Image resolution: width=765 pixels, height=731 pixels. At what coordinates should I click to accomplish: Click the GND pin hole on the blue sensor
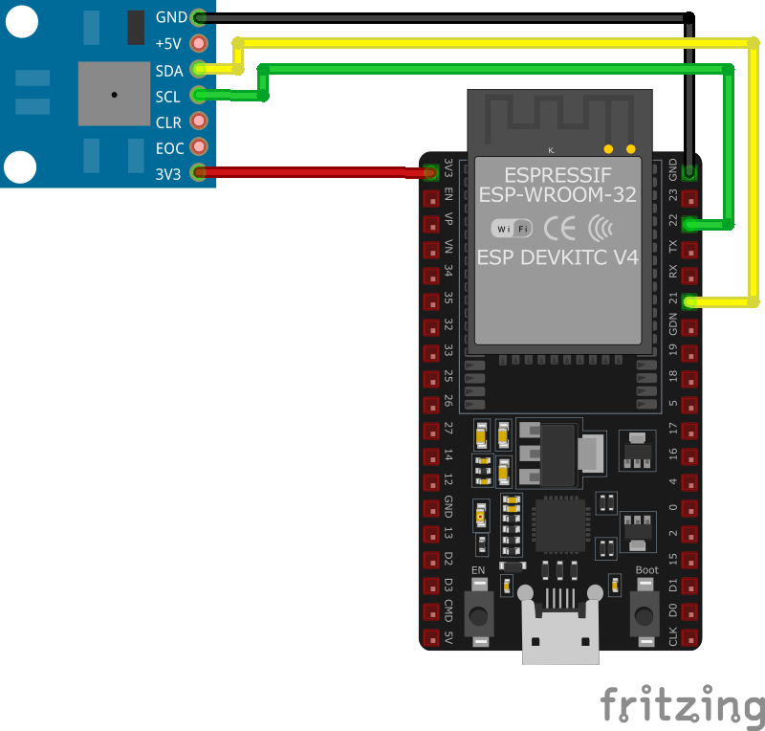pos(199,17)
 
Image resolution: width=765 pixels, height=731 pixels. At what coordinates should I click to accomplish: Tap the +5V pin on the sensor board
pos(199,43)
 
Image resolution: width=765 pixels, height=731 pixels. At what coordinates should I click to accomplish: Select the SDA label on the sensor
pos(168,70)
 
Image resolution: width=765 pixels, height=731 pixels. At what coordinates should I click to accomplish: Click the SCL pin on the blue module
pos(199,95)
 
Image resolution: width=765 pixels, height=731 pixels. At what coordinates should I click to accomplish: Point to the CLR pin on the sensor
pos(199,121)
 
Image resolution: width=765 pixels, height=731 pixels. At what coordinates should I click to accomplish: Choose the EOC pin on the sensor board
pos(199,146)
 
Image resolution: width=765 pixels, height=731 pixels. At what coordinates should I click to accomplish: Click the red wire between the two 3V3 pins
pos(316,172)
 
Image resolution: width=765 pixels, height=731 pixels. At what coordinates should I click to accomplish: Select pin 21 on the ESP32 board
pos(689,302)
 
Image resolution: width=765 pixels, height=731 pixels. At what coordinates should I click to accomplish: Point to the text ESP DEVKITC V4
pos(557,257)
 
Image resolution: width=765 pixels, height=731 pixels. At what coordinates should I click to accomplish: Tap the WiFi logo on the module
pos(512,229)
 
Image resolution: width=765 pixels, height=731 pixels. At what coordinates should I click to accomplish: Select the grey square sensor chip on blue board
pos(114,94)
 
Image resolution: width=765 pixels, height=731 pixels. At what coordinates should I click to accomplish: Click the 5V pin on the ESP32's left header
pos(431,637)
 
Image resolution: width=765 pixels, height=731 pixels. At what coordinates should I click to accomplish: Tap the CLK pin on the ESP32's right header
pos(689,636)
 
